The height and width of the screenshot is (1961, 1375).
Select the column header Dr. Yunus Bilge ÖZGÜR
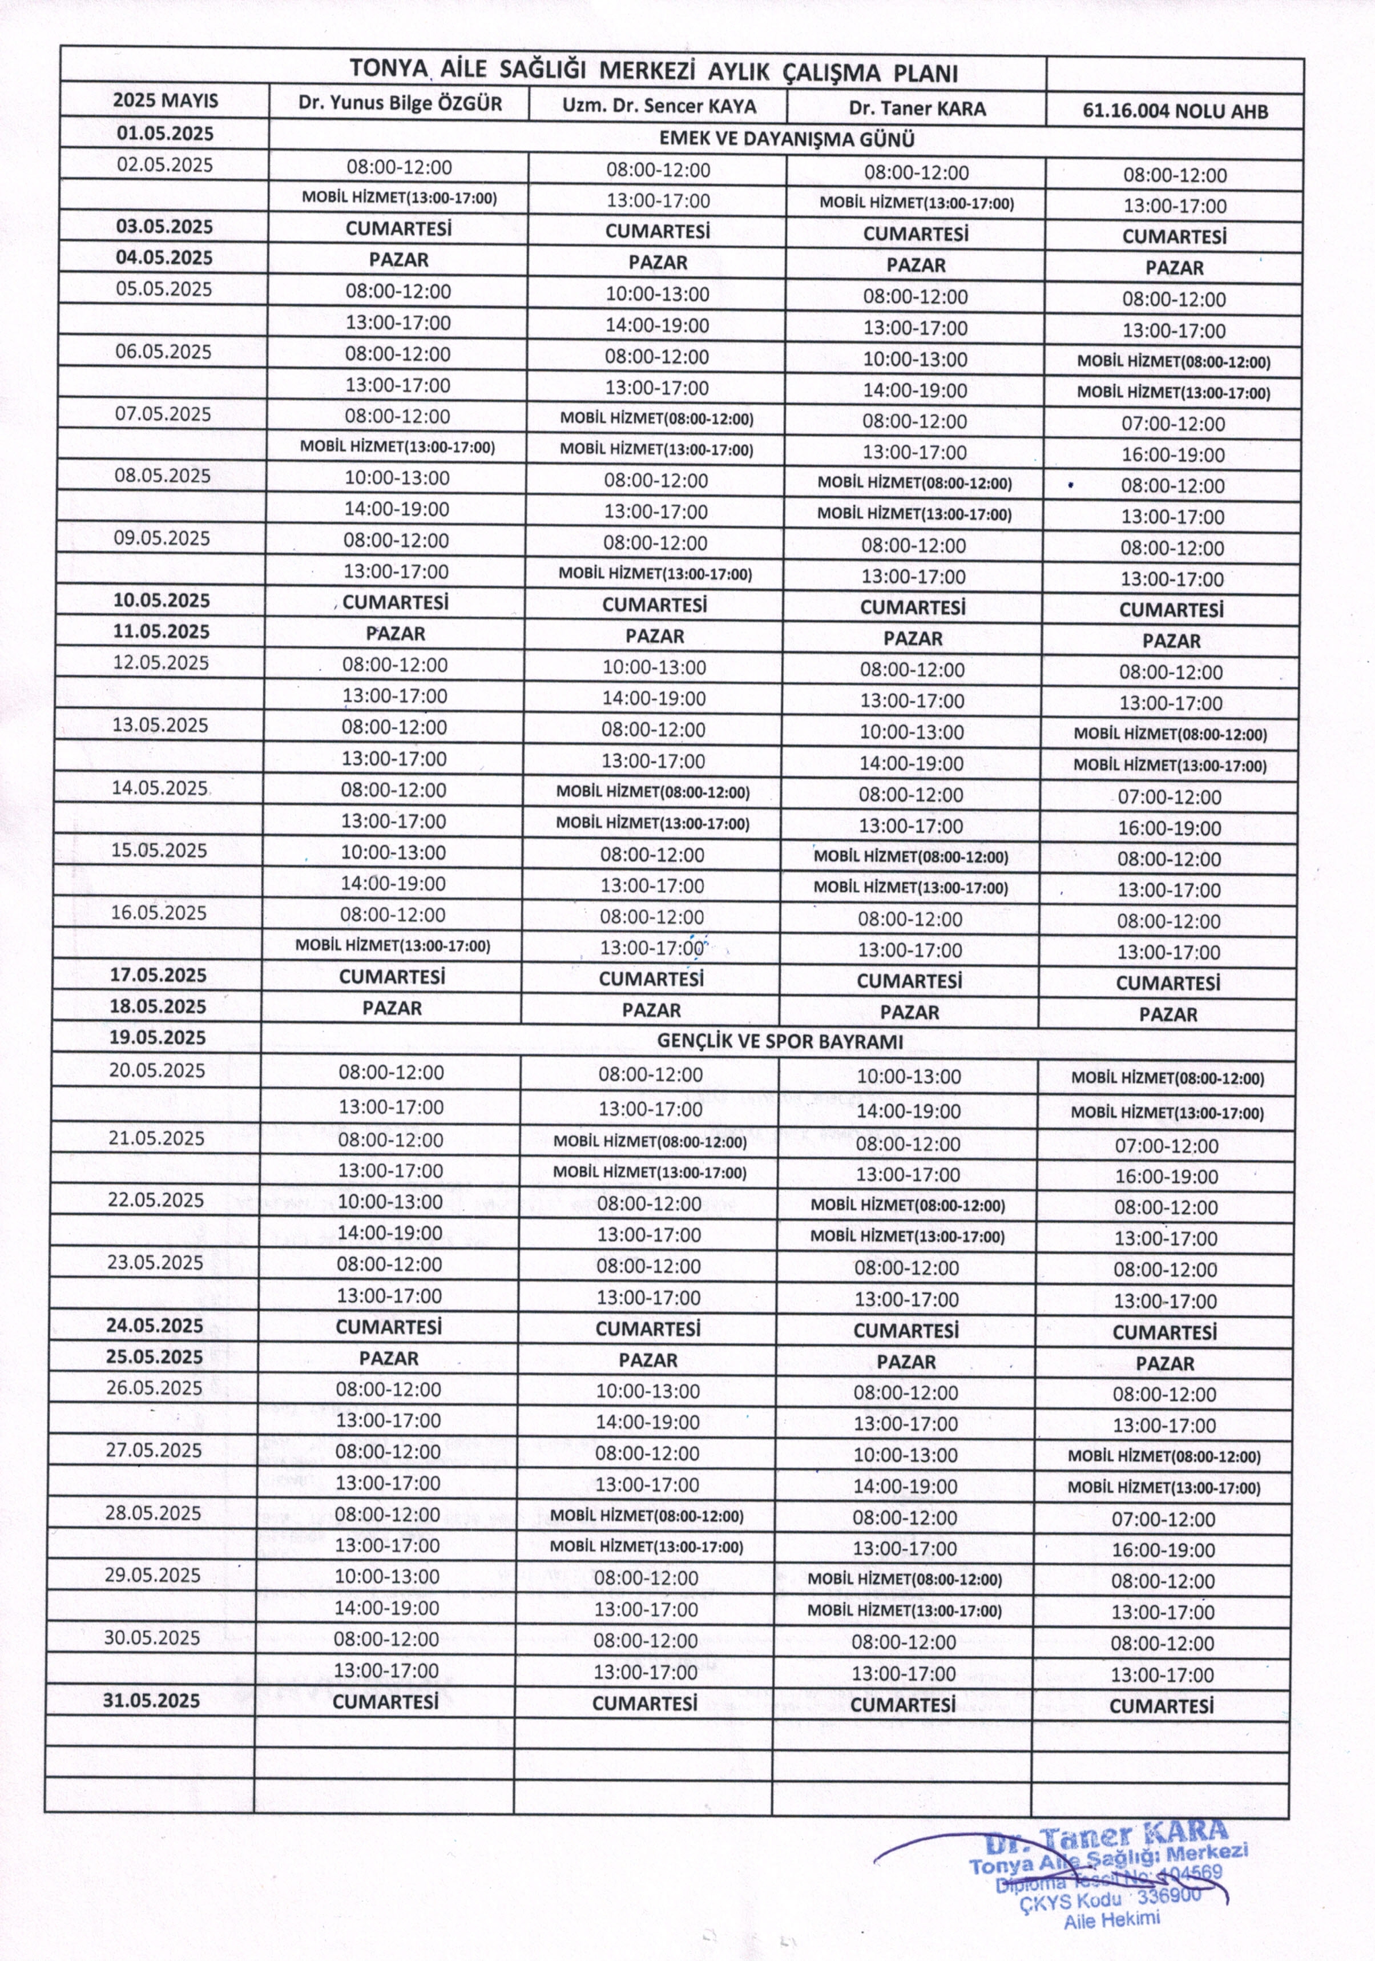pyautogui.click(x=400, y=104)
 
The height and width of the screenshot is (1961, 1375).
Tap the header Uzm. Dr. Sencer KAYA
pyautogui.click(x=659, y=106)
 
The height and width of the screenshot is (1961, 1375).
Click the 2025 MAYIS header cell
pyautogui.click(x=166, y=101)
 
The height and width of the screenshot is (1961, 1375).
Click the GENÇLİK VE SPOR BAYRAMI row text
pyautogui.click(x=780, y=1042)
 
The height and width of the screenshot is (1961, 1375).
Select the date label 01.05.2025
pyautogui.click(x=166, y=133)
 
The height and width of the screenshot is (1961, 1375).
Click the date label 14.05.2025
pyautogui.click(x=160, y=787)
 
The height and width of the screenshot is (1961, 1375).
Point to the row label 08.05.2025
pyautogui.click(x=162, y=476)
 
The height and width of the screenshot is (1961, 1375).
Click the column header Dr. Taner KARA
pyautogui.click(x=917, y=108)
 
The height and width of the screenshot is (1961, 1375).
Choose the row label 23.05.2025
pyautogui.click(x=155, y=1262)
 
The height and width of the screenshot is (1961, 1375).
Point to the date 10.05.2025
pyautogui.click(x=162, y=601)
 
